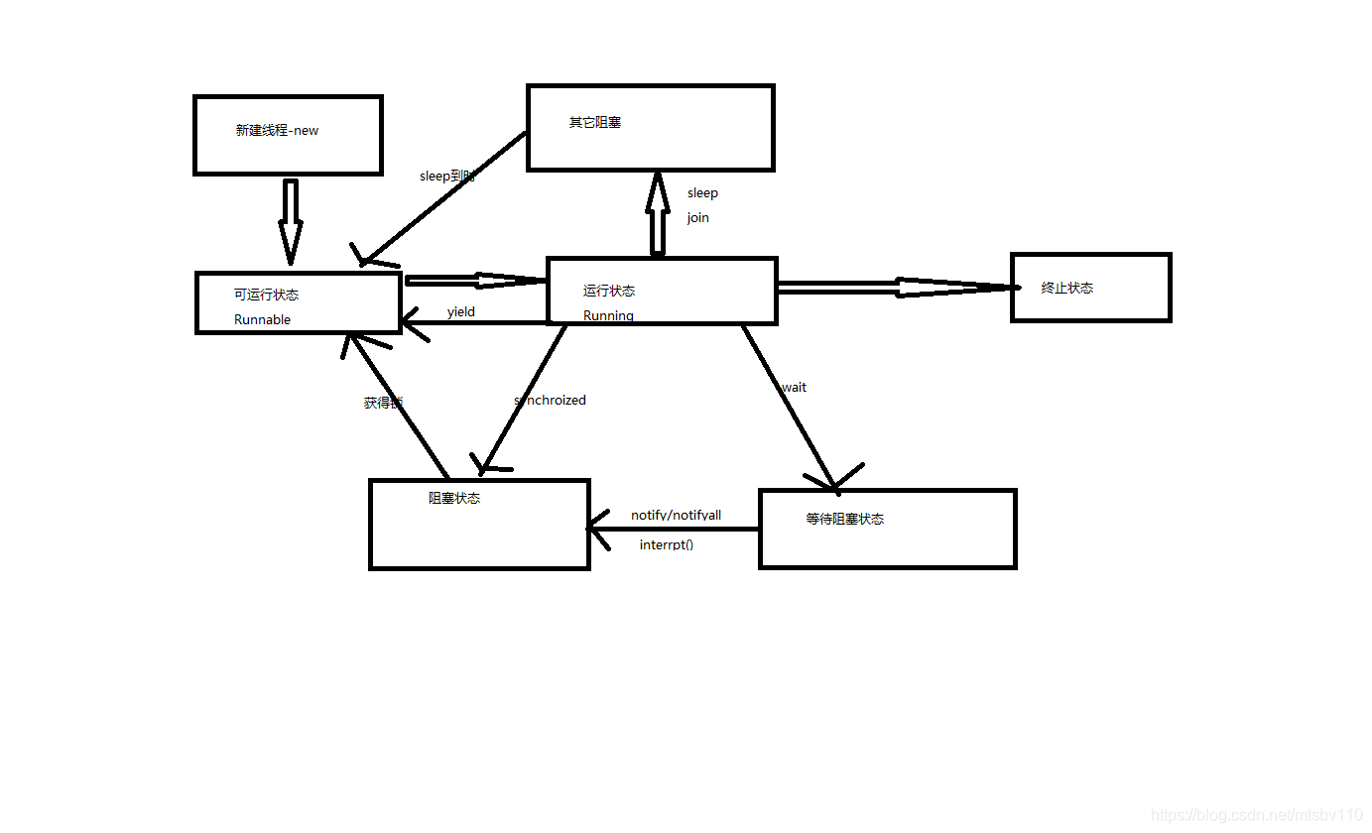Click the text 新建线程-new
click(277, 130)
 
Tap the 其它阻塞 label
click(595, 123)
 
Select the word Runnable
click(262, 319)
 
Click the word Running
click(608, 315)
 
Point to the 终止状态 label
click(1067, 288)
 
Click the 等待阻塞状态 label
click(845, 519)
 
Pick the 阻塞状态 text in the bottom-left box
click(454, 498)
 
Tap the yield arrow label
click(461, 311)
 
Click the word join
click(698, 217)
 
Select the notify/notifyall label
click(677, 515)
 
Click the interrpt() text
click(667, 544)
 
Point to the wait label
click(794, 387)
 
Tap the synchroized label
click(551, 400)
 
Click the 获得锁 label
click(383, 403)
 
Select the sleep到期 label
click(447, 176)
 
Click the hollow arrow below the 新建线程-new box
click(290, 220)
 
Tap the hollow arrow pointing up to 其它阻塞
click(657, 214)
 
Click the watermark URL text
click(1257, 814)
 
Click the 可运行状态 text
click(266, 295)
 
